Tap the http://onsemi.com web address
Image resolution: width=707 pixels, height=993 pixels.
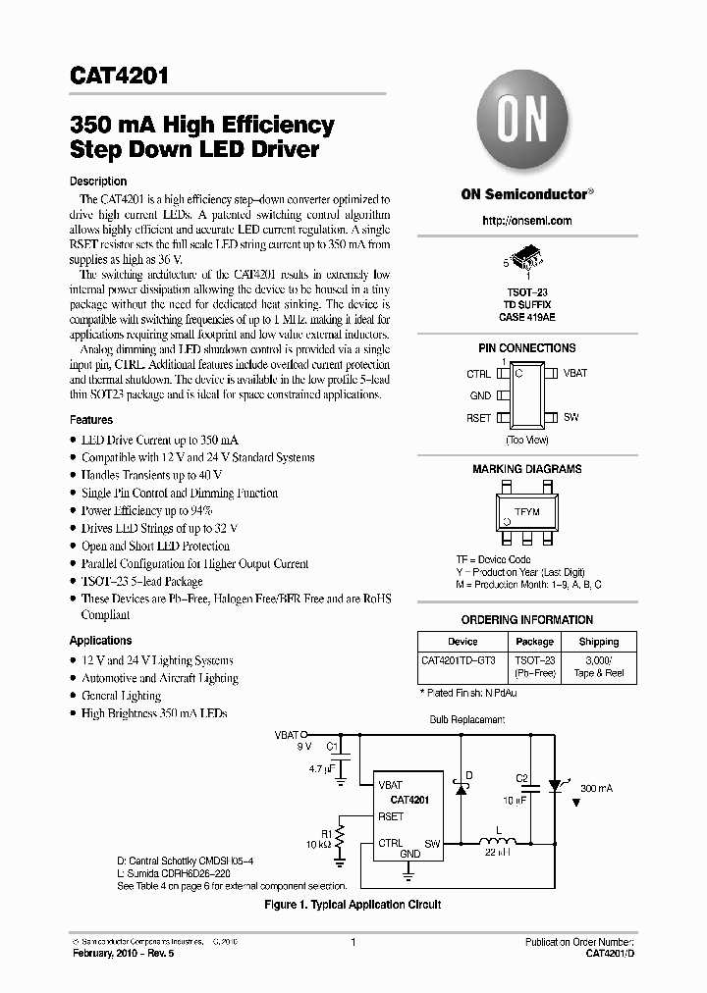[527, 221]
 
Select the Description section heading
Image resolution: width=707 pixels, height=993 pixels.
[98, 182]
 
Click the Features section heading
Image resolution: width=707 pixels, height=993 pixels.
[91, 420]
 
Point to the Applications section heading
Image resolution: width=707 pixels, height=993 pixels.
[101, 641]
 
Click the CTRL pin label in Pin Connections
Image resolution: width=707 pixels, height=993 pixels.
[478, 374]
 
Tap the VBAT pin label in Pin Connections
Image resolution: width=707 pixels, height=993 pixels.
[575, 374]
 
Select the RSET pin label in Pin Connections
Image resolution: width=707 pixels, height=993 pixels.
[480, 417]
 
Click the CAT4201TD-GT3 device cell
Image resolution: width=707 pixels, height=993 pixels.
[458, 661]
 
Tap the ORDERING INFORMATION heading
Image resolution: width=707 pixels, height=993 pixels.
[527, 620]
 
